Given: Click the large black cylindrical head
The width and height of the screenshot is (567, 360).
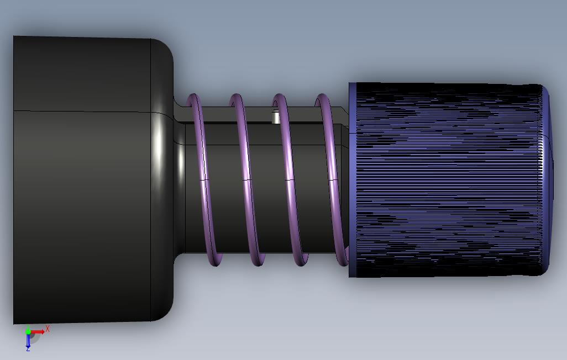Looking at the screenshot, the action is click(93, 179).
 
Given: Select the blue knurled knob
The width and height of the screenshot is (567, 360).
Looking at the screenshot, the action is click(450, 180).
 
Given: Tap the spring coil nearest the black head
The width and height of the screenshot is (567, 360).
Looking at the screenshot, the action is click(204, 179).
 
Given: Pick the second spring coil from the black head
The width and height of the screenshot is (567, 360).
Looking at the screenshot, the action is click(248, 179).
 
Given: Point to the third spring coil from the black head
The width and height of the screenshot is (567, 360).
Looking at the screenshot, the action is click(290, 179).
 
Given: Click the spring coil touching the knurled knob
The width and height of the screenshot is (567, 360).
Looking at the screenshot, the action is click(332, 179).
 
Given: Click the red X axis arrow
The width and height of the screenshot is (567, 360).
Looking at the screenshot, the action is click(38, 332).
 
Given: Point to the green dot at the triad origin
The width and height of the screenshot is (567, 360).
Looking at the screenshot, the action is click(28, 331).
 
